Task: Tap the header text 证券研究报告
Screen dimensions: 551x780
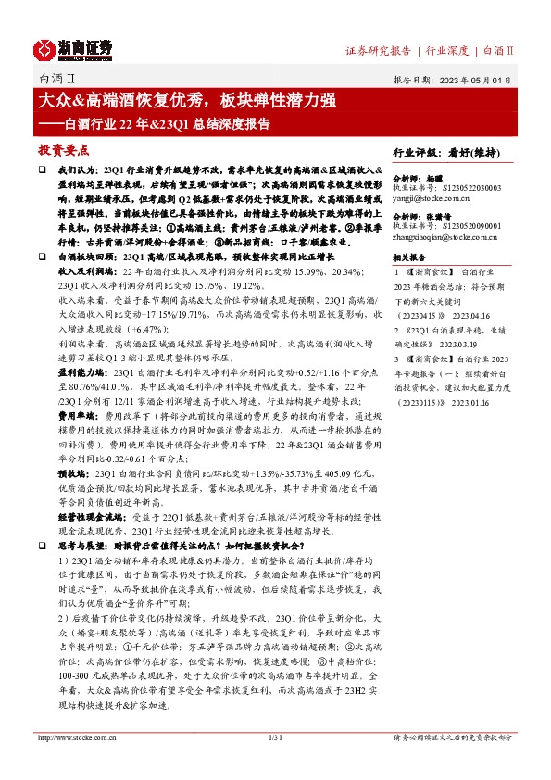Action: coord(376,50)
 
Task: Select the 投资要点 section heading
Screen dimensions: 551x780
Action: coord(63,148)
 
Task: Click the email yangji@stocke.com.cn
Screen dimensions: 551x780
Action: coord(432,197)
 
